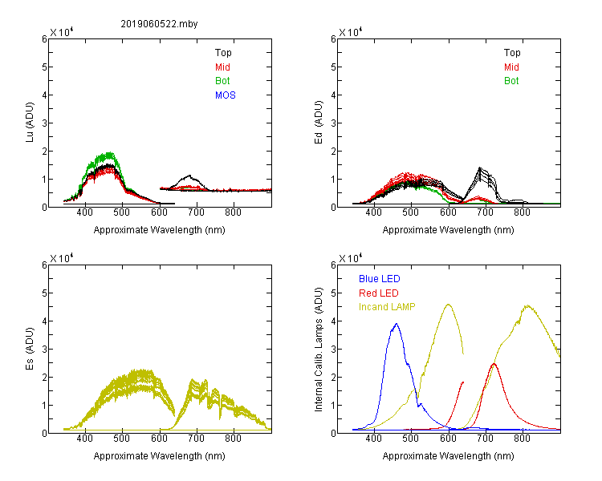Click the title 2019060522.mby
[x=159, y=24]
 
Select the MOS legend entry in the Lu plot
[x=226, y=95]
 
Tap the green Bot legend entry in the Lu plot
[x=222, y=81]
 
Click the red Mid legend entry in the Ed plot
[x=511, y=67]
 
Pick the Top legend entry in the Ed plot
[x=512, y=53]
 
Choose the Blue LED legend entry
[x=380, y=279]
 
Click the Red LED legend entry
[x=379, y=293]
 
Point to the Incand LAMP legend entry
[x=387, y=307]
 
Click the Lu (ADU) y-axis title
[x=30, y=122]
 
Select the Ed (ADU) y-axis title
[x=319, y=122]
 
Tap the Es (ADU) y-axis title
[x=30, y=348]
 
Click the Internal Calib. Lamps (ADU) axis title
[x=319, y=350]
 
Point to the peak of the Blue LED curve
[x=397, y=324]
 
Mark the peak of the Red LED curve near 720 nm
[x=494, y=363]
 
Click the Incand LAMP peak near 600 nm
[x=448, y=304]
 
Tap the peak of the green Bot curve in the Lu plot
[x=109, y=153]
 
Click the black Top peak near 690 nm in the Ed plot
[x=480, y=168]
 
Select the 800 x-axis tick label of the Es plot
[x=233, y=438]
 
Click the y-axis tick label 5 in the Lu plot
[x=44, y=67]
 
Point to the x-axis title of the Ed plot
[x=448, y=230]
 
